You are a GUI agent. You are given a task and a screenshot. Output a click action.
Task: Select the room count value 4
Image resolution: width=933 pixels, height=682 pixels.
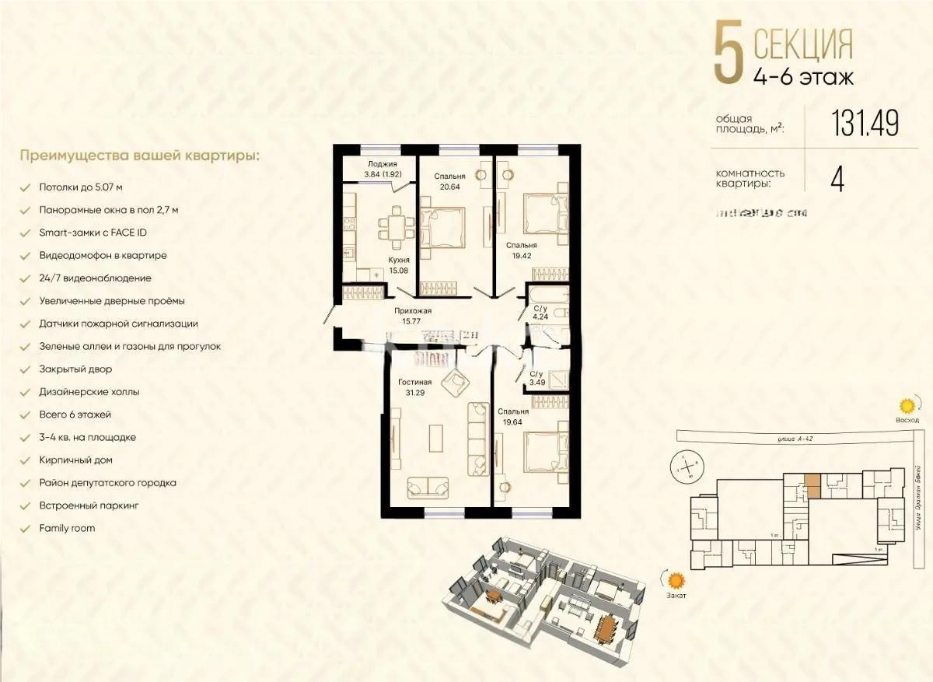(837, 180)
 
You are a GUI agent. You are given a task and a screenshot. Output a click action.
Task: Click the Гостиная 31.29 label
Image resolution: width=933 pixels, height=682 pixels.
(414, 386)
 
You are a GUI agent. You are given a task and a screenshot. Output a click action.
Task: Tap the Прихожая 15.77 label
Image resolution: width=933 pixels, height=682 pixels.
(412, 315)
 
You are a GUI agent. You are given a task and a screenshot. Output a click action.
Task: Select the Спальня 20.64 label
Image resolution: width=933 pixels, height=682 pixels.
(450, 181)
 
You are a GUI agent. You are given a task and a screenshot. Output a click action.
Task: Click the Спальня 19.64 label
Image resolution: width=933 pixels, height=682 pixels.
(514, 416)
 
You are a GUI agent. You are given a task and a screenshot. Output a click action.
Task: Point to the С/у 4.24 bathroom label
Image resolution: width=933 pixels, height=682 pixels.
(539, 311)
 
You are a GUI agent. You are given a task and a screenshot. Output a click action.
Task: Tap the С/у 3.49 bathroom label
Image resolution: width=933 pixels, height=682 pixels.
(537, 378)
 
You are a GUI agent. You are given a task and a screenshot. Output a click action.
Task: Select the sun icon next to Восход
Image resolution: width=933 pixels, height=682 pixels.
(907, 406)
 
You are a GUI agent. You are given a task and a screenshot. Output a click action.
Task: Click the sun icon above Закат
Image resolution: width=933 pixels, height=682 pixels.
(676, 580)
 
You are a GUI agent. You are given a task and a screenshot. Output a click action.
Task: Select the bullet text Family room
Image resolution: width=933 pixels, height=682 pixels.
(67, 528)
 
